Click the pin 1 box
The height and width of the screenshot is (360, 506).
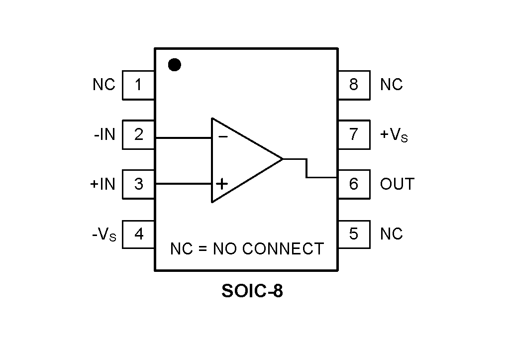point(138,85)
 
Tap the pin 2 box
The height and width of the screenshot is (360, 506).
point(138,134)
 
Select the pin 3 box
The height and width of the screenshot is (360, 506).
point(138,184)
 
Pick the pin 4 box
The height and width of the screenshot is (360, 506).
point(138,234)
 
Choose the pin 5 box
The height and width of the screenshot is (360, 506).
point(354,234)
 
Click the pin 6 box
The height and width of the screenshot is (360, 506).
point(354,184)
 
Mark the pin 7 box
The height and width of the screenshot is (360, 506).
point(354,134)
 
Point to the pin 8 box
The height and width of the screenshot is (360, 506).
point(354,85)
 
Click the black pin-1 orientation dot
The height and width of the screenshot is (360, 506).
point(175,65)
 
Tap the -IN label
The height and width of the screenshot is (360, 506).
point(104,134)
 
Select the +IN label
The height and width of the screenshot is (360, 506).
point(102,184)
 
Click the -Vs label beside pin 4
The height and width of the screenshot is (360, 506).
point(104,235)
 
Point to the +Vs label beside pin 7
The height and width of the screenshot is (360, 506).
point(394,135)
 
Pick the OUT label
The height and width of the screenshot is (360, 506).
point(397,184)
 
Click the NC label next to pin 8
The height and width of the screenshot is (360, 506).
point(391,85)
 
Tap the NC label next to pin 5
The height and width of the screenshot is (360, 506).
point(391,234)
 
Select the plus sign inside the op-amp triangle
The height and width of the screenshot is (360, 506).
point(222,184)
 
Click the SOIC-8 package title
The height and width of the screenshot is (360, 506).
point(252,291)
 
